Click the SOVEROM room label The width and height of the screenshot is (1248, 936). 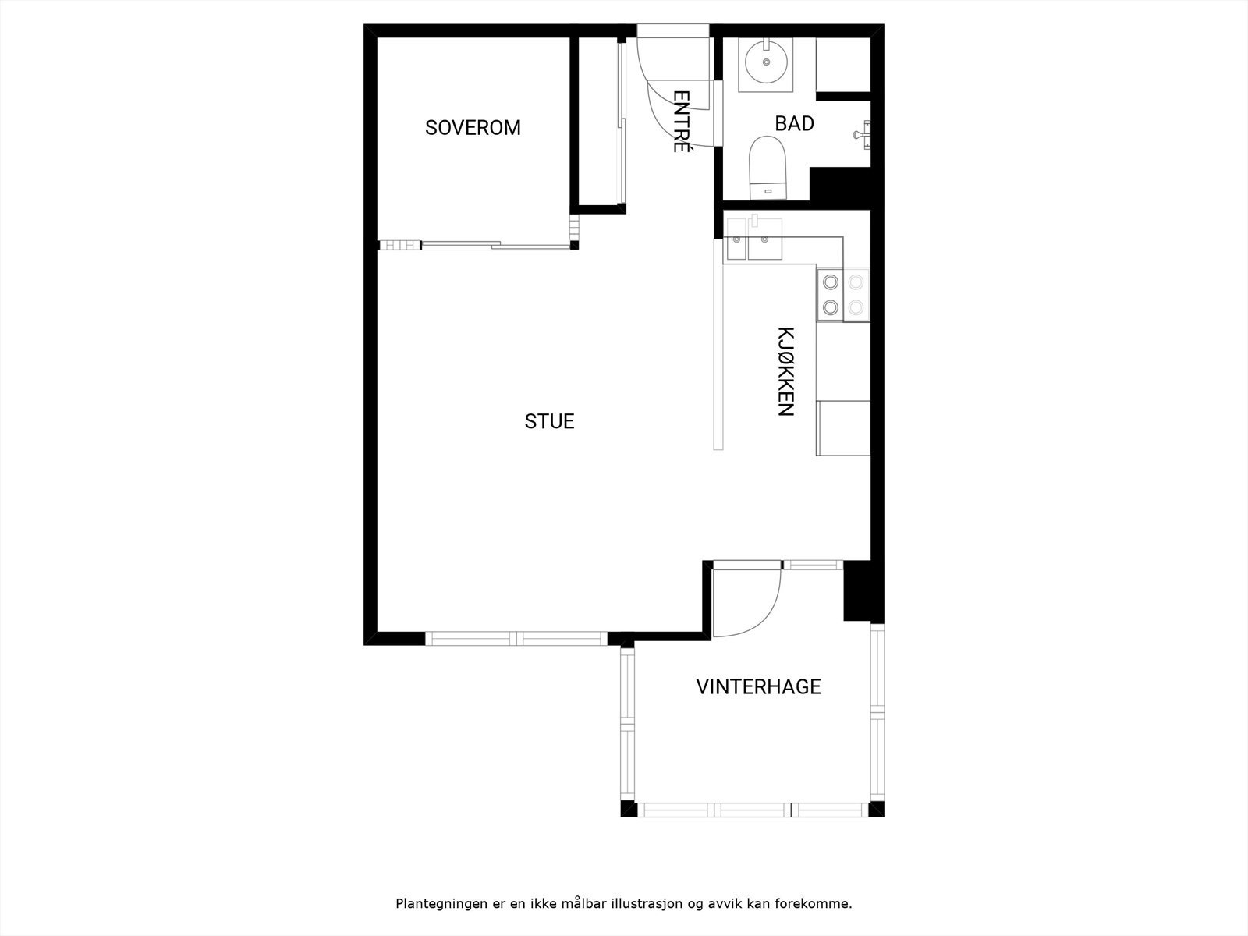(473, 127)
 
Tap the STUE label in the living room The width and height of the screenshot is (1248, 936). (549, 421)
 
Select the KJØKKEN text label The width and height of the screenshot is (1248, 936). (785, 371)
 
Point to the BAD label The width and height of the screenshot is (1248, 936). (794, 123)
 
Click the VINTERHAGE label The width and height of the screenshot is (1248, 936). (758, 686)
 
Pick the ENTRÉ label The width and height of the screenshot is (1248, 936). (681, 122)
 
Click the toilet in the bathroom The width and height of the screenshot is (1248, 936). (768, 168)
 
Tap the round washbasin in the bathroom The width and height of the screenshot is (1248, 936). (766, 62)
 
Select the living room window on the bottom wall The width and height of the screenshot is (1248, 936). (516, 639)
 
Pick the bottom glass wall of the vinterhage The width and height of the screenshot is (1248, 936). (753, 810)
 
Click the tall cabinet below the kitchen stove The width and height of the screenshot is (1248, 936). (843, 427)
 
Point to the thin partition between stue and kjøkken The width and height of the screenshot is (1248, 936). (718, 343)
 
